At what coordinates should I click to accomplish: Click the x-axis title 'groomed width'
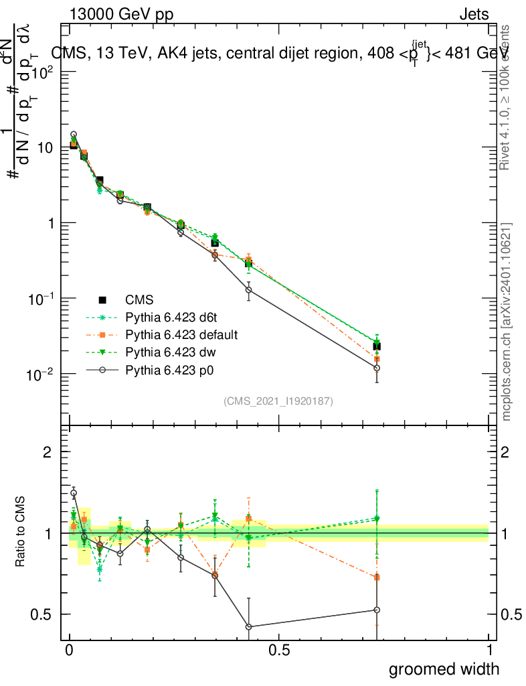pyautogui.click(x=444, y=669)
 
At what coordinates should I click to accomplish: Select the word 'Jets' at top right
pyautogui.click(x=474, y=14)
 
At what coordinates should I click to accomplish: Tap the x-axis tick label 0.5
pyautogui.click(x=279, y=650)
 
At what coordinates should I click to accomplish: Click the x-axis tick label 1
pyautogui.click(x=489, y=650)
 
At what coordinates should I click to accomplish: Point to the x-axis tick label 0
pyautogui.click(x=70, y=650)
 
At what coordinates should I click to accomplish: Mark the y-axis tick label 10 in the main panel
pyautogui.click(x=46, y=147)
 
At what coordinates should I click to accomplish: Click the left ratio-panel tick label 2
pyautogui.click(x=48, y=452)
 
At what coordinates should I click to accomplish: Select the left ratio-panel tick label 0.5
pyautogui.click(x=41, y=614)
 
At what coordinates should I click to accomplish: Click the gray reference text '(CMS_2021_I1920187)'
pyautogui.click(x=278, y=401)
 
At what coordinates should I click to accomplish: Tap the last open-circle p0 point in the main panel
pyautogui.click(x=377, y=368)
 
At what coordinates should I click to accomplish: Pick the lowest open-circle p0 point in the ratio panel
pyautogui.click(x=248, y=627)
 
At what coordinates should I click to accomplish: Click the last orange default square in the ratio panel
pyautogui.click(x=377, y=577)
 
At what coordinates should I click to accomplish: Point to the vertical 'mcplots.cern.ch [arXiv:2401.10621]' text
pyautogui.click(x=507, y=322)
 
